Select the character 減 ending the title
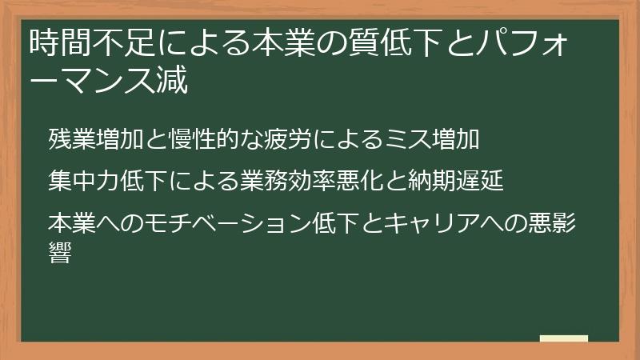(174, 80)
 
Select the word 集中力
(83, 180)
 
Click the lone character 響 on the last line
(60, 255)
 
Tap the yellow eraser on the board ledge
(563, 339)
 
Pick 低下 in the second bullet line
(142, 180)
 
